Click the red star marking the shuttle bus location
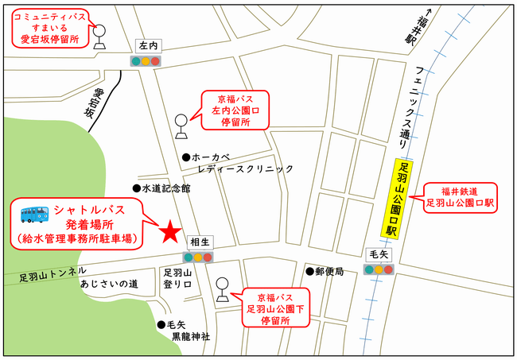click(169, 232)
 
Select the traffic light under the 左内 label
click(145, 61)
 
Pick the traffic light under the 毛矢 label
click(379, 269)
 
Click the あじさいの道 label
click(109, 284)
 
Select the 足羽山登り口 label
click(178, 277)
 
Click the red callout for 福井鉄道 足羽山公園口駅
click(460, 196)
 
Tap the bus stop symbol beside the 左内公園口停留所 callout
click(181, 126)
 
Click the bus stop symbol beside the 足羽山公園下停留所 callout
click(223, 288)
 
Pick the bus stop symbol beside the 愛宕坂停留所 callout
click(100, 36)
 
